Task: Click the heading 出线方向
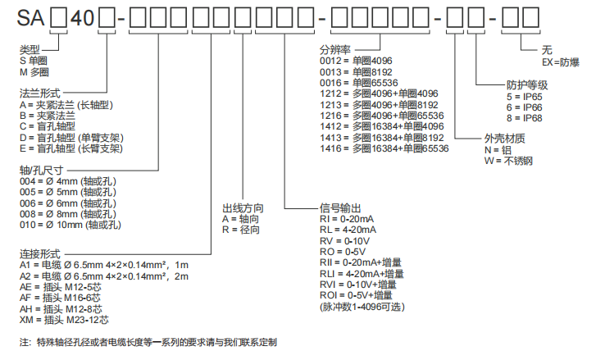tap(242, 208)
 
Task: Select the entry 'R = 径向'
tap(239, 230)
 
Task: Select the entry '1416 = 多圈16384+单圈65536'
tap(384, 148)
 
